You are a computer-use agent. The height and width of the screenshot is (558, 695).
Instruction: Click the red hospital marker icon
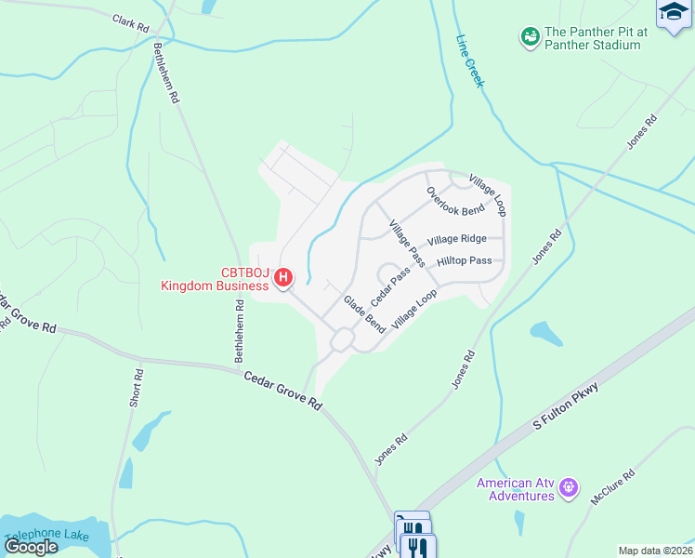[285, 277]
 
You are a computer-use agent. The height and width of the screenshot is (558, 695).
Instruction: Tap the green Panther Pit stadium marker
[531, 37]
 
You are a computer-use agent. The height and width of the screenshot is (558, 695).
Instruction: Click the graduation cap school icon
[673, 13]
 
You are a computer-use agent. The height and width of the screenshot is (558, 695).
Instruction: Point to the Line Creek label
[470, 62]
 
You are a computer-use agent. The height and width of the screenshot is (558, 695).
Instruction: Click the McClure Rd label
[613, 487]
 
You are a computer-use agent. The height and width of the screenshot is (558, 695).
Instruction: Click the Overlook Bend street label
[455, 201]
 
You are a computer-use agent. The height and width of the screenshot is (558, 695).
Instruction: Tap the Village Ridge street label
[457, 239]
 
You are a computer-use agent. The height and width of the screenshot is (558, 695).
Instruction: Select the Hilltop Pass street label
[465, 261]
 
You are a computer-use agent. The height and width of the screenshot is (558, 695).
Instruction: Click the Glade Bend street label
[364, 313]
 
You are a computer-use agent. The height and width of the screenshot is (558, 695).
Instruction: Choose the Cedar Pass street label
[390, 286]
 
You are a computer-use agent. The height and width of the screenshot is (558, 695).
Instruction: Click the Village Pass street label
[407, 241]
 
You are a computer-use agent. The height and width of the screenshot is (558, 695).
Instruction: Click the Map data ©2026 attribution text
[654, 551]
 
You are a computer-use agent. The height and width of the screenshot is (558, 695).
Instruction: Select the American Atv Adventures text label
[517, 489]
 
